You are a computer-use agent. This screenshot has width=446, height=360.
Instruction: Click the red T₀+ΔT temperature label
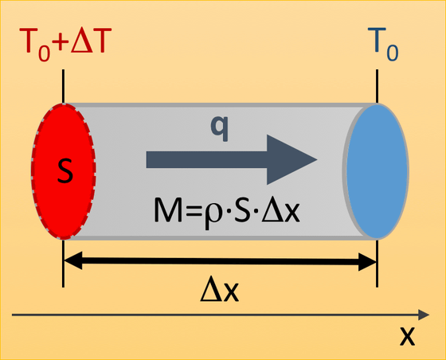[x=65, y=44]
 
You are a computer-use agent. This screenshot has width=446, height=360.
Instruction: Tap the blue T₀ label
[x=383, y=44]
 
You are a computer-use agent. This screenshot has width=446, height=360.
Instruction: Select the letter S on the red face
[x=65, y=170]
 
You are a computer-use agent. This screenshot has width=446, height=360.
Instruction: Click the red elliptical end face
[x=64, y=171]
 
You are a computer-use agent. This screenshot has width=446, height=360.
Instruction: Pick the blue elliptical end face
[x=378, y=171]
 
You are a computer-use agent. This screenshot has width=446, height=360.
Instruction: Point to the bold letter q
[x=219, y=128]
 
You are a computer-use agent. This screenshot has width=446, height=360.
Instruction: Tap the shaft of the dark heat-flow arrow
[x=206, y=160]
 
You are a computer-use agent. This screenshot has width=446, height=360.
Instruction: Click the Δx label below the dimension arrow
[x=219, y=292]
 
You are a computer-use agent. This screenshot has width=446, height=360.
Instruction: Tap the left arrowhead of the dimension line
[x=73, y=260]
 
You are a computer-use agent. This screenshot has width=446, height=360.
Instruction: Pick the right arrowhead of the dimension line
[x=367, y=261]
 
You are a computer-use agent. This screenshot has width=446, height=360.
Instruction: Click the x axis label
[x=407, y=336]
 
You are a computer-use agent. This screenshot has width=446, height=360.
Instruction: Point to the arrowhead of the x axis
[x=424, y=315]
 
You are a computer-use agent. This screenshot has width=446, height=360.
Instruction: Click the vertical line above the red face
[x=63, y=87]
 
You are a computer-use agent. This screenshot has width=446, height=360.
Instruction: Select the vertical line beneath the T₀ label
[x=378, y=87]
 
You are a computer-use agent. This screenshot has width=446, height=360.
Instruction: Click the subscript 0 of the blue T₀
[x=392, y=53]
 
